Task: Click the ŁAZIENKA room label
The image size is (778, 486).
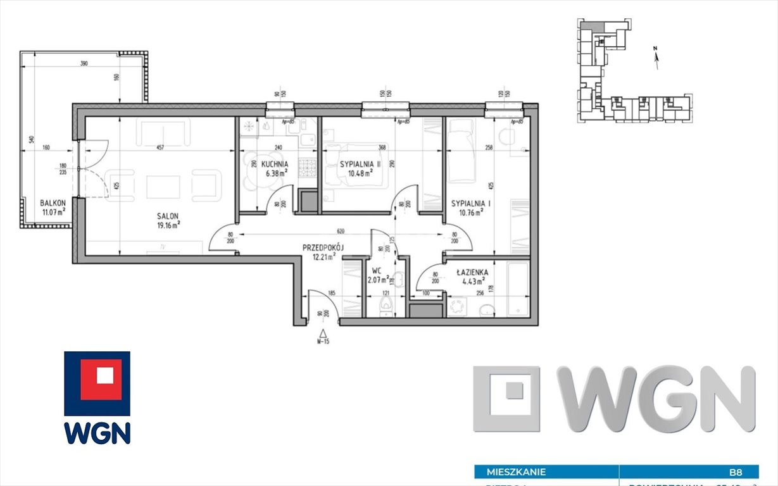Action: [471, 272]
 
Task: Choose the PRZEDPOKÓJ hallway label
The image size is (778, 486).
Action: [323, 249]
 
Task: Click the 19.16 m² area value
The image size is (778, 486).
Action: [168, 223]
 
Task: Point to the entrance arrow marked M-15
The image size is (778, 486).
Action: [323, 334]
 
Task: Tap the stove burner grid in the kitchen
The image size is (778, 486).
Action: [308, 168]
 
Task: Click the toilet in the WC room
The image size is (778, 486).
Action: [385, 307]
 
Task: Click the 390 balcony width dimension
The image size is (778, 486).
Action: [84, 64]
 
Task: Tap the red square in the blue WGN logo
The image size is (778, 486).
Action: [97, 375]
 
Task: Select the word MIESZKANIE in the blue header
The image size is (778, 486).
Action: [516, 471]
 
